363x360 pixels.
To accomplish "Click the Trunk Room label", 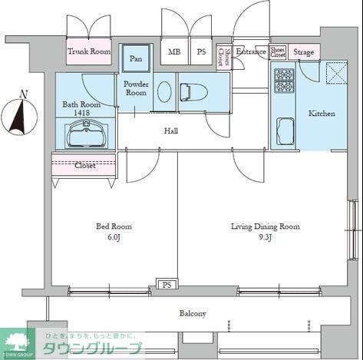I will pyautogui.click(x=89, y=51).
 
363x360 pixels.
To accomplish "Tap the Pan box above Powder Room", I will pyautogui.click(x=136, y=58).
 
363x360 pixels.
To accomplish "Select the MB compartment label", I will pyautogui.click(x=174, y=52).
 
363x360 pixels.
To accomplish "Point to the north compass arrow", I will pyautogui.click(x=24, y=111).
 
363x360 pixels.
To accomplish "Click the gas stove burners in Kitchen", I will pyautogui.click(x=284, y=79).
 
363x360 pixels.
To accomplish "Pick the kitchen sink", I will pyautogui.click(x=285, y=131).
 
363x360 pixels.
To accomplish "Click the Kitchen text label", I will pyautogui.click(x=322, y=114).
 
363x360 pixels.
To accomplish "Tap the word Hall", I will pyautogui.click(x=171, y=131).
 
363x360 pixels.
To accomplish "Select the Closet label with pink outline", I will pyautogui.click(x=84, y=164).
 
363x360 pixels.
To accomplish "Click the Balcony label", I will pyautogui.click(x=193, y=314).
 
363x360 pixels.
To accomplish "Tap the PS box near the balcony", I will pyautogui.click(x=166, y=285).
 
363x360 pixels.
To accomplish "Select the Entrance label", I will pyautogui.click(x=250, y=51).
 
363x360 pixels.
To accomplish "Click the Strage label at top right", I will pyautogui.click(x=304, y=52).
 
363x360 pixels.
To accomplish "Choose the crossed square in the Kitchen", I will pyautogui.click(x=337, y=74).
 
